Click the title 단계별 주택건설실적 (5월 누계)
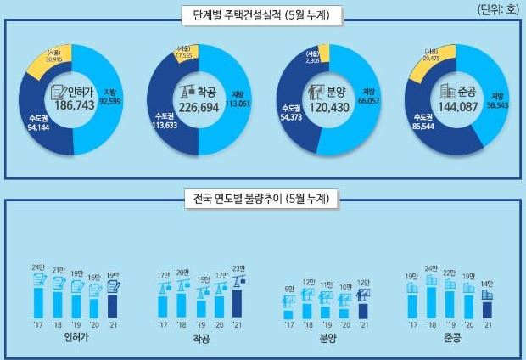[262, 14]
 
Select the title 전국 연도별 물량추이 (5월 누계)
[261, 200]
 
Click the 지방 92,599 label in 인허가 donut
[111, 97]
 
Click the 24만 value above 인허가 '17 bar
[37, 268]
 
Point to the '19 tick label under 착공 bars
[200, 323]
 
